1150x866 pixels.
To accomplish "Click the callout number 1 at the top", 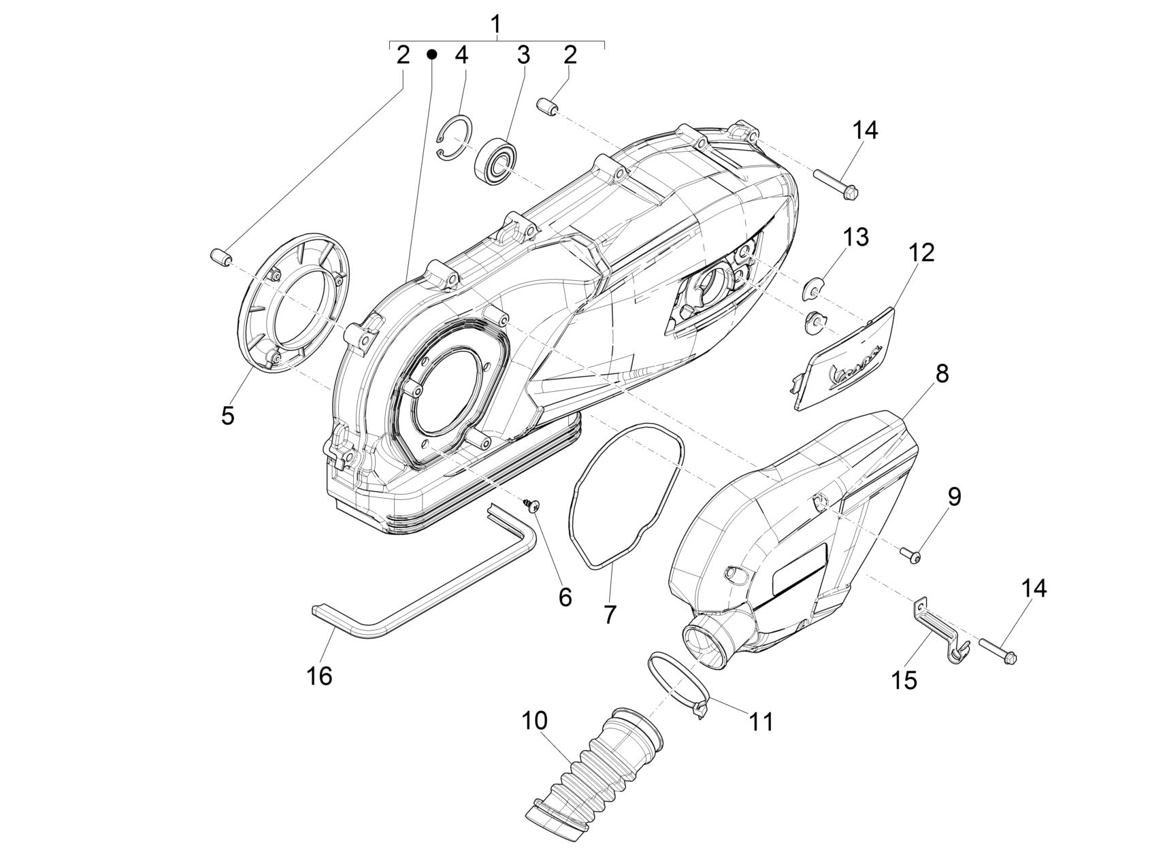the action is (x=495, y=24).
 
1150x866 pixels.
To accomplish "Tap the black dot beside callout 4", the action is (x=431, y=54).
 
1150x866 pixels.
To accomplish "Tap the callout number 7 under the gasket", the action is (x=610, y=614).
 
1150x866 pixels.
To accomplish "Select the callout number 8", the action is (x=941, y=373).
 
